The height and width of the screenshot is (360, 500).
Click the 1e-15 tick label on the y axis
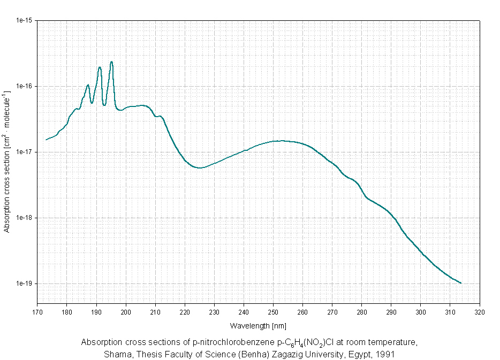click(x=25, y=20)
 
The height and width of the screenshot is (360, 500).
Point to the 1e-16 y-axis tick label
click(x=25, y=86)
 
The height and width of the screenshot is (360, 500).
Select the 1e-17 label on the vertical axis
click(x=25, y=152)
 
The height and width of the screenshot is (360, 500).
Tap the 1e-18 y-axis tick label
click(x=25, y=218)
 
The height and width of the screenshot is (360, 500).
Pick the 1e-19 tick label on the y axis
click(x=25, y=284)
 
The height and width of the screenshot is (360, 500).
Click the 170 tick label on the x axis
click(x=37, y=311)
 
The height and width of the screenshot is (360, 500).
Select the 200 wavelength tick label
click(x=126, y=311)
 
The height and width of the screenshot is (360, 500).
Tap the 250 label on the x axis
click(x=273, y=311)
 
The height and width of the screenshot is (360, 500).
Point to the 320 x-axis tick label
click(x=480, y=311)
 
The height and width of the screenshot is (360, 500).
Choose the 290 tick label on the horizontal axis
click(x=391, y=311)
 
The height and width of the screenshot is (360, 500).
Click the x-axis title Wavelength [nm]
click(x=259, y=325)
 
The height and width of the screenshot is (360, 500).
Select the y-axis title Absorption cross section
click(x=7, y=161)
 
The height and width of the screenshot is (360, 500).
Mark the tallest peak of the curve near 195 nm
click(x=111, y=62)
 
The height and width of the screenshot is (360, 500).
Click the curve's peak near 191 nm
click(x=100, y=67)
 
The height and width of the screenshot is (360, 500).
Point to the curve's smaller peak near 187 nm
click(x=88, y=85)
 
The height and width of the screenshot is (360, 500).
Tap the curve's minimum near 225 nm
click(x=200, y=167)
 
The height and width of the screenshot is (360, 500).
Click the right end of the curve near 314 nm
click(x=460, y=283)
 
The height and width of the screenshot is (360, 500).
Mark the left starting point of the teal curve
click(x=46, y=140)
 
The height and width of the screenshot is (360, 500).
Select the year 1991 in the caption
click(x=387, y=354)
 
